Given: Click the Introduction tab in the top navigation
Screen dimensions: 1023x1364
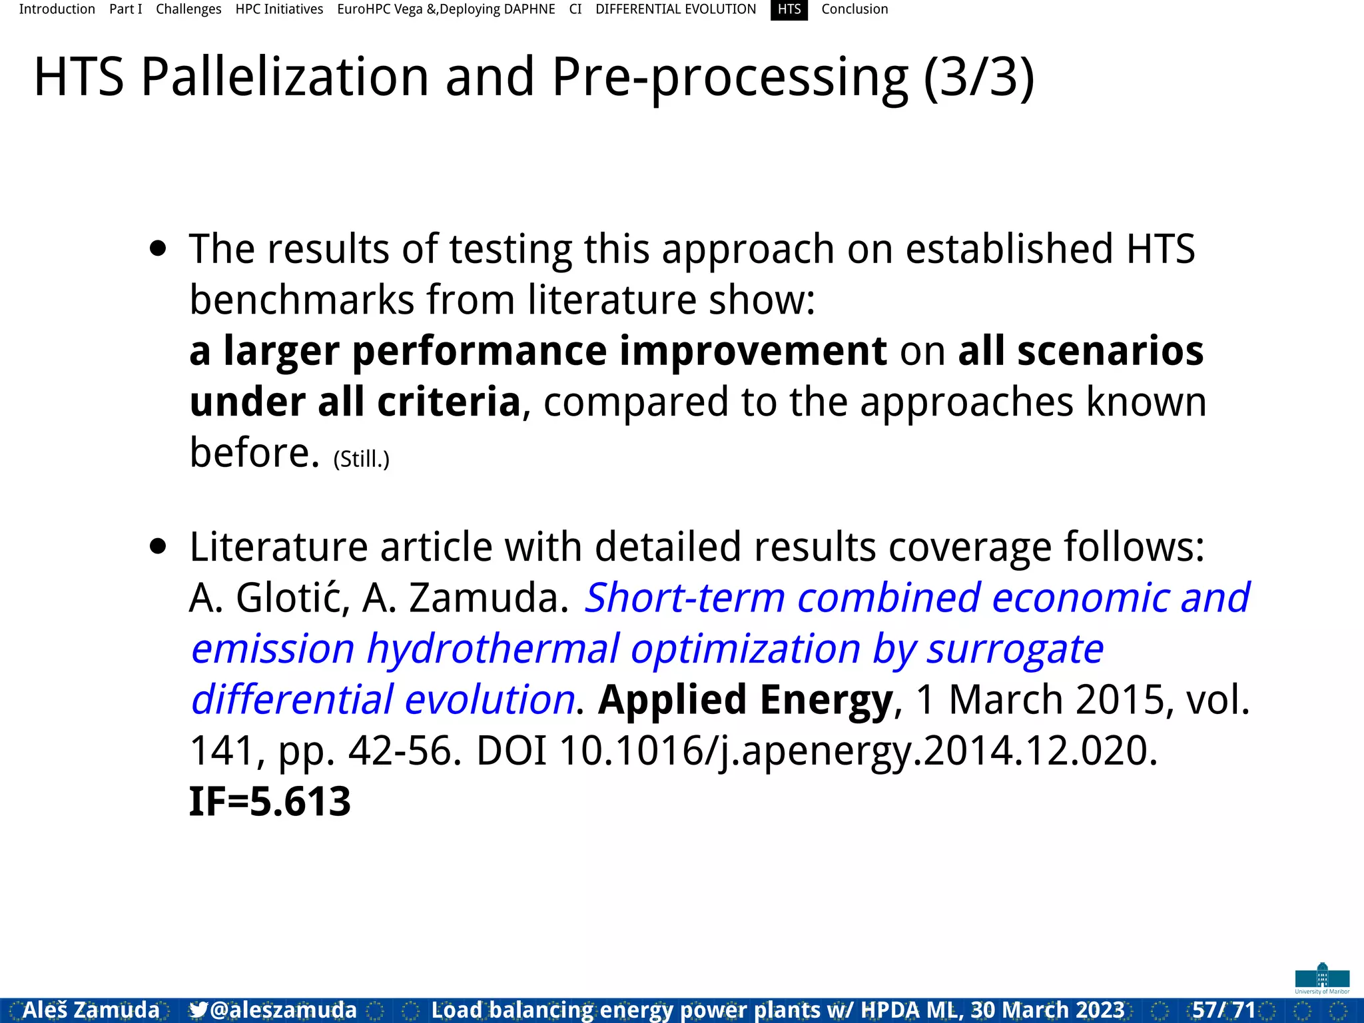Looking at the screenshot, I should (x=57, y=9).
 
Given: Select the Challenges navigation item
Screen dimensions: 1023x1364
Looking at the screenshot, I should (x=188, y=9).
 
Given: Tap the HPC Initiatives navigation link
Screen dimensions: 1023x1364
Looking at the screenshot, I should (x=279, y=9).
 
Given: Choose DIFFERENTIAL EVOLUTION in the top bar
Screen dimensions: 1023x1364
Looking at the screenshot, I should (x=675, y=9).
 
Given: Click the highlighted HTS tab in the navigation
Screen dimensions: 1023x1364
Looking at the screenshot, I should (x=789, y=9).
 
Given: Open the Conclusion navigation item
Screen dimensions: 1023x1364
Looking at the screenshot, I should (x=854, y=9).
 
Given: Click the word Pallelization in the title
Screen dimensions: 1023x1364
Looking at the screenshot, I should (x=285, y=77).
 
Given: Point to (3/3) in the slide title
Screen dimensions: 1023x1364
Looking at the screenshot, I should (x=979, y=77).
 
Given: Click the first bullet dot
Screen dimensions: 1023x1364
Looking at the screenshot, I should (x=158, y=249).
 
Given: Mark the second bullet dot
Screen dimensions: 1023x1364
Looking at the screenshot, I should (x=158, y=547).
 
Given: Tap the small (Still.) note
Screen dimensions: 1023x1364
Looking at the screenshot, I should (x=361, y=459).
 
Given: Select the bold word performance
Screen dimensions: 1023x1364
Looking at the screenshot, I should (x=480, y=351).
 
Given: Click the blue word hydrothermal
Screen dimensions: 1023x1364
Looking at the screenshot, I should (x=493, y=649).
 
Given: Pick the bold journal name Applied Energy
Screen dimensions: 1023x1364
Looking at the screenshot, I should (x=745, y=700).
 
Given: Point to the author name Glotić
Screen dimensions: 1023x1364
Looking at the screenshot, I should (x=292, y=597).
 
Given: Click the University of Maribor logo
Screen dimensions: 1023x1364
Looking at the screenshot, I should (x=1322, y=978).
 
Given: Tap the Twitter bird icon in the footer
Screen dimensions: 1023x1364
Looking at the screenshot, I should (x=198, y=1010).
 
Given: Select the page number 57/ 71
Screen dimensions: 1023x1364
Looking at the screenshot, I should (x=1223, y=1010).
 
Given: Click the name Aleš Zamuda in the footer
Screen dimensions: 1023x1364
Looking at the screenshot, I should (x=91, y=1010).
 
